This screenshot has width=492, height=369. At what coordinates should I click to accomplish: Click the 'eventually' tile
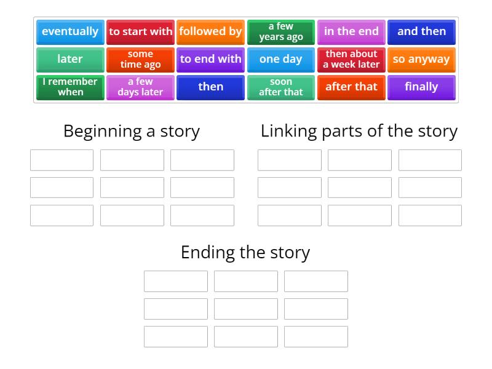(x=70, y=31)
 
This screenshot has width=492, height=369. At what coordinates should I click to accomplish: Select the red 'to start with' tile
(x=140, y=31)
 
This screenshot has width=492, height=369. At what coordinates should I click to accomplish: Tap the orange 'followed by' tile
(x=210, y=31)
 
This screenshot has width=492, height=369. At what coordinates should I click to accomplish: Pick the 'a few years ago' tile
(x=281, y=31)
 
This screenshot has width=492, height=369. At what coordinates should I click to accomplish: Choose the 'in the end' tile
(x=351, y=31)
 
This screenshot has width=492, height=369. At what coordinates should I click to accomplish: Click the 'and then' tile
(x=421, y=31)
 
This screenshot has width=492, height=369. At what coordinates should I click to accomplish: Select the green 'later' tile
(x=70, y=59)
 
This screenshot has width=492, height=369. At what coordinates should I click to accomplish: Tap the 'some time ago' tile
(x=140, y=59)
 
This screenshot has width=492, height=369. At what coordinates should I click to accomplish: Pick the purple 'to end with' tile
(x=210, y=59)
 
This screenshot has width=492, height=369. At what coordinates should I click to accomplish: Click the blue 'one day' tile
(x=281, y=59)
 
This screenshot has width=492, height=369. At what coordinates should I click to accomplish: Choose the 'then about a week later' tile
(x=351, y=59)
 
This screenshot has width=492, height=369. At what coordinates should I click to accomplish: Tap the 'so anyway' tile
(x=421, y=59)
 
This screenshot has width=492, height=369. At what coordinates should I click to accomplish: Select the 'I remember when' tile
(x=70, y=87)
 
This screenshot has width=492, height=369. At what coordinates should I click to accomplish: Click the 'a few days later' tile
(x=140, y=87)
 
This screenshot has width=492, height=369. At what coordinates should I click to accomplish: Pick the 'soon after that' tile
(x=281, y=87)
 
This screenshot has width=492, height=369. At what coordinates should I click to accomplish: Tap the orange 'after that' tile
(x=351, y=87)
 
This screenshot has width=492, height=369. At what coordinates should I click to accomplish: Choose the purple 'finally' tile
(x=421, y=87)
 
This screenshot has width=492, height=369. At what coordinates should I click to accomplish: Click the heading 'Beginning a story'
(x=132, y=131)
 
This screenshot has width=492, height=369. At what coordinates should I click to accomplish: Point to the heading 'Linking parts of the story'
(x=359, y=131)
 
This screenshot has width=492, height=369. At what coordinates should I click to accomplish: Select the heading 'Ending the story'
(x=245, y=252)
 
